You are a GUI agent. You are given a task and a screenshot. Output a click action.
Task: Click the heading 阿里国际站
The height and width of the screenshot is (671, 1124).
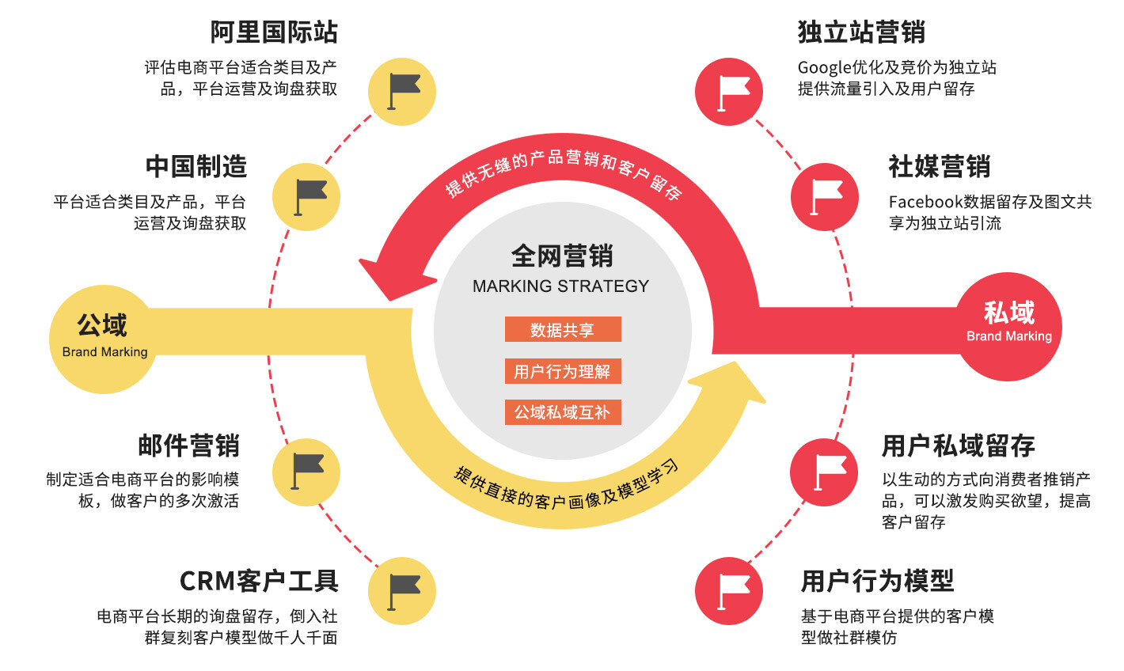coord(274,32)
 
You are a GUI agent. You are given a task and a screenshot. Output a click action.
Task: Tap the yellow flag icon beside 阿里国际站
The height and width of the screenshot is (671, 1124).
coord(402,91)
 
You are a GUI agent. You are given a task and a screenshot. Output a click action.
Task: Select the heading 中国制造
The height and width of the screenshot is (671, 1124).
coord(196,167)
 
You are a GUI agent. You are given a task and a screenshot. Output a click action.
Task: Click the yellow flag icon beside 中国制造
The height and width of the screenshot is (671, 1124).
coord(306,197)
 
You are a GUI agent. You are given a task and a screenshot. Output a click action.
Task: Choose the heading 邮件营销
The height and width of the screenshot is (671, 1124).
coord(188,445)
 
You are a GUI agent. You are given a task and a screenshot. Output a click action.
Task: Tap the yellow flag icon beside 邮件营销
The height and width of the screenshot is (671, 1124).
coord(306,472)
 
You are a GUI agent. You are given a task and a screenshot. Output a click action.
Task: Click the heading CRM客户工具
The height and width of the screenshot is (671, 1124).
coord(259,581)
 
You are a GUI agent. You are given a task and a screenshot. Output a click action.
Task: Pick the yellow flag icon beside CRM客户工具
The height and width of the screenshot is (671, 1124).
coord(402,591)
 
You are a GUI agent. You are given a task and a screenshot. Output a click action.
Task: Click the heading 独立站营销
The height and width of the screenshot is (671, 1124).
coord(861,32)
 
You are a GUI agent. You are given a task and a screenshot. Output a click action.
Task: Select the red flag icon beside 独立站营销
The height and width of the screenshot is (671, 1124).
coord(729,91)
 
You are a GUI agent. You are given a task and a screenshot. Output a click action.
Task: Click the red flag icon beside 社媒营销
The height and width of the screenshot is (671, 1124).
coord(824,197)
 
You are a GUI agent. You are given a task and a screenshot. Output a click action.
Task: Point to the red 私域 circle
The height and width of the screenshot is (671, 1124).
coord(1008,325)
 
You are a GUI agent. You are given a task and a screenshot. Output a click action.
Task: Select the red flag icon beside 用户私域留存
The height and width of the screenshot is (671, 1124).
coord(824,472)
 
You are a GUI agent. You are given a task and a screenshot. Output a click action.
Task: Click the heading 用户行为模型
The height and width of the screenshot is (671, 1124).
coord(877,581)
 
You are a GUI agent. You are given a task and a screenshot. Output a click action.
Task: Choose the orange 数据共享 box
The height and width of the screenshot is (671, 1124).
coord(563,330)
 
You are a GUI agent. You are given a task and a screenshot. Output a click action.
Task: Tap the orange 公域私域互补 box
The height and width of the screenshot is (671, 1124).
coord(563,412)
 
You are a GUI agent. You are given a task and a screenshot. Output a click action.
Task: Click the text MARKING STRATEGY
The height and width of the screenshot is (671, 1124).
coord(560,286)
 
